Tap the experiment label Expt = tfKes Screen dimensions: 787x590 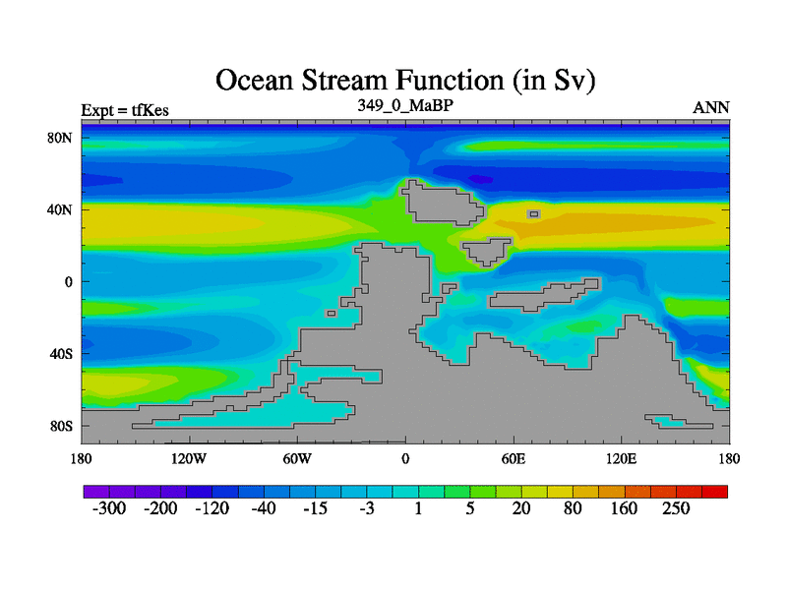pos(125,110)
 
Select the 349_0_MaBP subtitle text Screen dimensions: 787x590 pos(405,105)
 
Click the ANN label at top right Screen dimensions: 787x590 pos(710,107)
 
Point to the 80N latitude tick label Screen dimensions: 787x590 pos(59,138)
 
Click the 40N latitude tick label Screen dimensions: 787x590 pos(59,209)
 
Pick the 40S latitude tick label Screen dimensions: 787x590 pos(61,354)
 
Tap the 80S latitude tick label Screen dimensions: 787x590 pos(61,427)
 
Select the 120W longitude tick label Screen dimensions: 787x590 pos(189,458)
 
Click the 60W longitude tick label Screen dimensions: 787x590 pos(297,458)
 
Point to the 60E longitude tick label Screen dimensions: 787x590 pos(514,458)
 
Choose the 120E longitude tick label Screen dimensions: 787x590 pos(622,458)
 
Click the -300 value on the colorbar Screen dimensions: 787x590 pos(109,508)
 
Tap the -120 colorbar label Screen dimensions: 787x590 pos(212,508)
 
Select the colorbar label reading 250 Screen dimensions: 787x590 pos(676,508)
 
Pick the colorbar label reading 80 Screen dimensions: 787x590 pos(573,508)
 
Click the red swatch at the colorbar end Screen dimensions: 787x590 pos(714,492)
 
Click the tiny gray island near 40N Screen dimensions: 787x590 pos(533,214)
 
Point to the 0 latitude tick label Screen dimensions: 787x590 pos(68,282)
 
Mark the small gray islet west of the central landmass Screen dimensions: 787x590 pos(332,314)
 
